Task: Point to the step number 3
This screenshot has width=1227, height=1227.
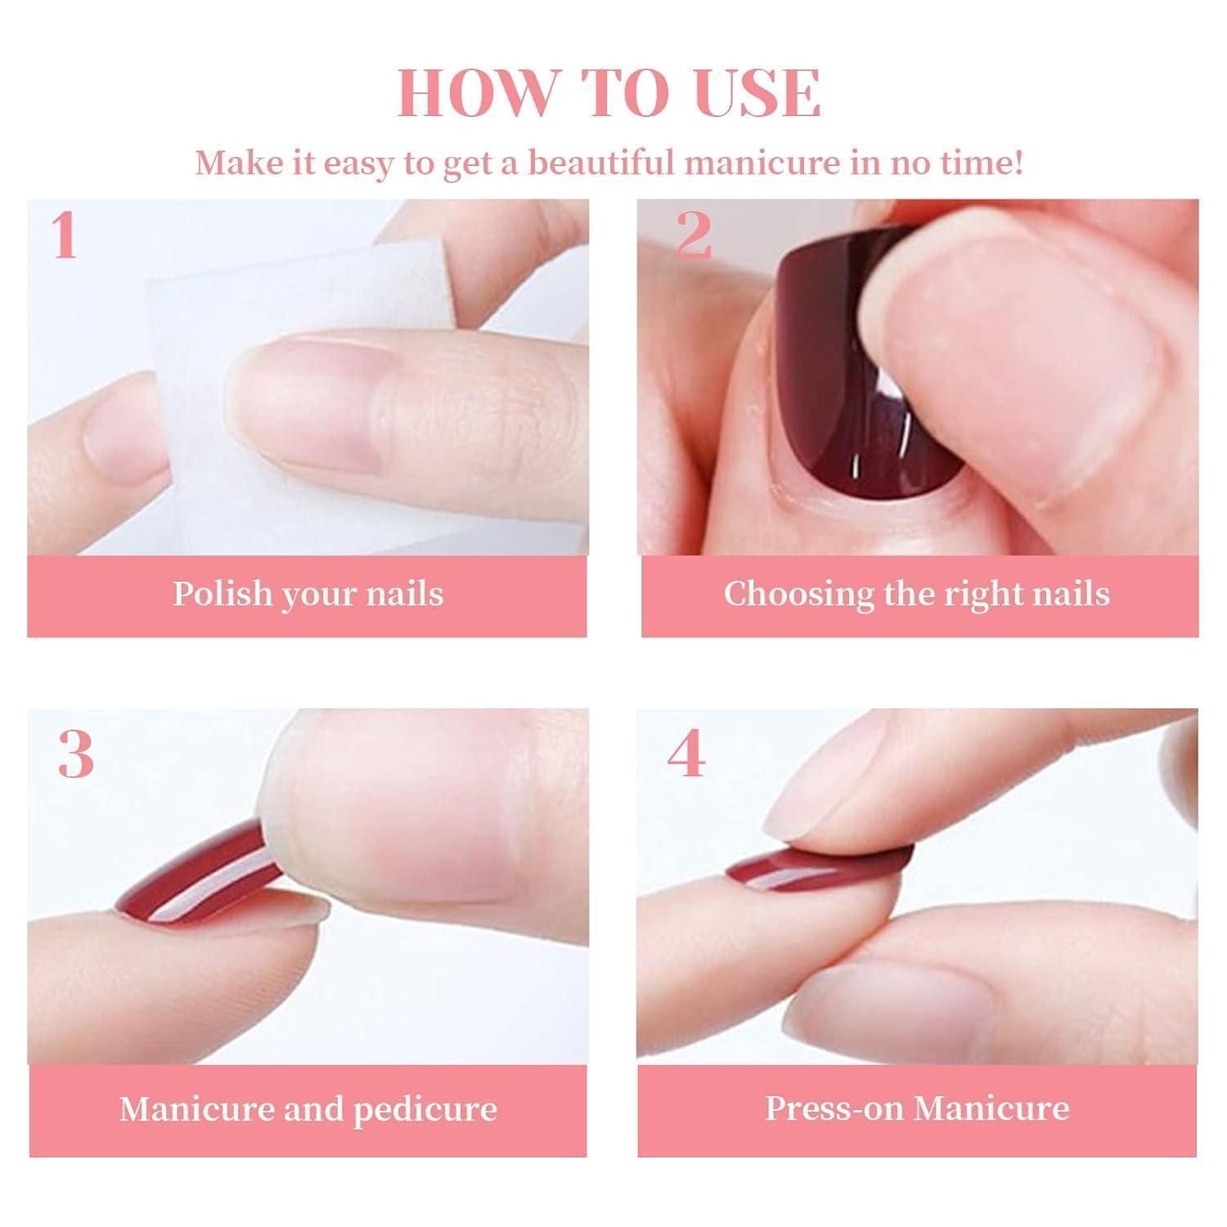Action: click(76, 754)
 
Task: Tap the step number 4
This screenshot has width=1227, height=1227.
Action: click(685, 754)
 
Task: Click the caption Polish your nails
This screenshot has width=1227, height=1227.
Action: click(308, 595)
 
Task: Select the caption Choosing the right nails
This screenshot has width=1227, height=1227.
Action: click(917, 595)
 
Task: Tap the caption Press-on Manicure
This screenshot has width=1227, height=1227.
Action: click(917, 1108)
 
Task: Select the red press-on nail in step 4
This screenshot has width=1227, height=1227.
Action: click(818, 859)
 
